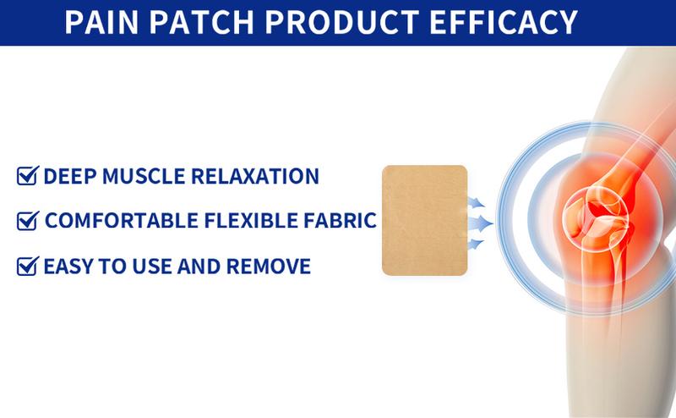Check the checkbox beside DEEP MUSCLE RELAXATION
click(27, 177)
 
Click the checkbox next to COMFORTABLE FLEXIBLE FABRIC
click(27, 222)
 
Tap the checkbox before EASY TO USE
click(27, 267)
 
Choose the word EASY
click(68, 267)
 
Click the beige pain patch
click(424, 220)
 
